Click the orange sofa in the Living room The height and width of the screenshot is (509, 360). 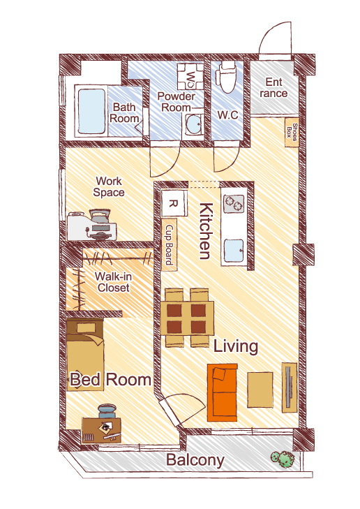[223, 392]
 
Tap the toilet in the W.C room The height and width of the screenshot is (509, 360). [227, 77]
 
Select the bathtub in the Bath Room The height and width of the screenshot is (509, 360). [91, 111]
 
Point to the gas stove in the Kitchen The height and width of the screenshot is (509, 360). [234, 204]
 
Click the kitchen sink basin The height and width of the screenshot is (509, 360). [234, 251]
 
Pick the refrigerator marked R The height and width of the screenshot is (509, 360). [174, 204]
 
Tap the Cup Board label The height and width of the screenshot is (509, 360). [170, 245]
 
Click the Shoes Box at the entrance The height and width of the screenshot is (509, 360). [292, 132]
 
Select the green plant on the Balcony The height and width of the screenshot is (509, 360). [283, 459]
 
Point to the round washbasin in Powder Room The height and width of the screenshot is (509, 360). [194, 126]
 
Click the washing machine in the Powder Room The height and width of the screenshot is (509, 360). [190, 77]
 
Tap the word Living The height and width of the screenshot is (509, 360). [235, 346]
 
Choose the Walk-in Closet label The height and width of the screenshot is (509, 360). [113, 282]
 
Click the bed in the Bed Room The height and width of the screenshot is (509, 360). [84, 355]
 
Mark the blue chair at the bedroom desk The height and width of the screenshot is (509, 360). [107, 411]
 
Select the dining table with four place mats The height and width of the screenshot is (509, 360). [187, 318]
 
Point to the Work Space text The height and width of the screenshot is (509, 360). [109, 186]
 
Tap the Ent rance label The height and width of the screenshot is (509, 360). [273, 88]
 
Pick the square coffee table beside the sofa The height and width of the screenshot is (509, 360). [260, 390]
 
